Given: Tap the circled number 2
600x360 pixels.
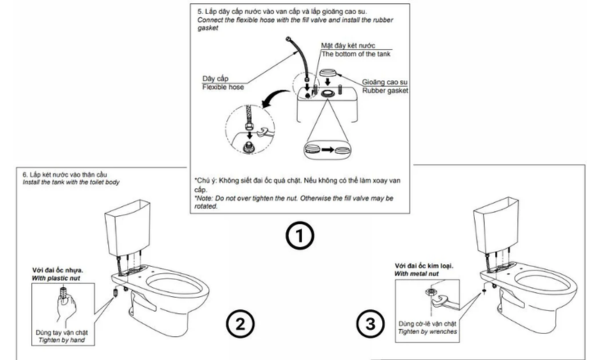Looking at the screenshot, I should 240,323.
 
